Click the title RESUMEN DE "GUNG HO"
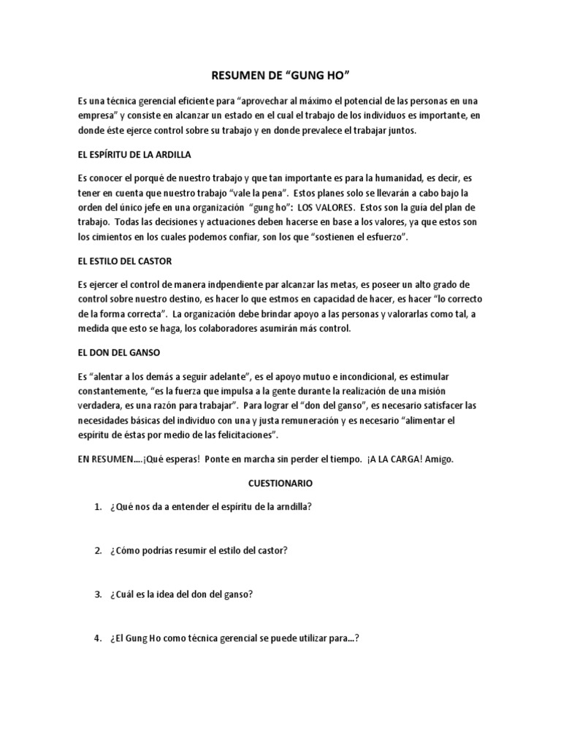pyautogui.click(x=280, y=75)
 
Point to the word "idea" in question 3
pyautogui.click(x=165, y=594)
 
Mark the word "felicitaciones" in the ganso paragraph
pyautogui.click(x=243, y=435)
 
